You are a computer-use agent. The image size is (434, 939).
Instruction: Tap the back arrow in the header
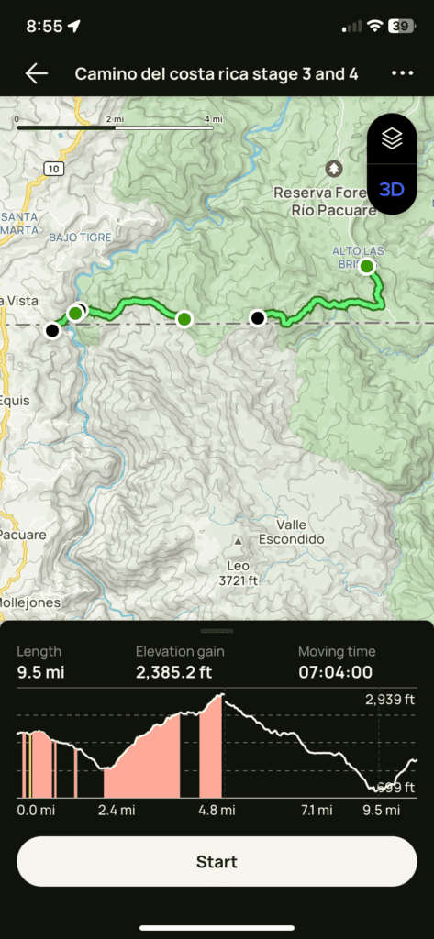click(x=37, y=74)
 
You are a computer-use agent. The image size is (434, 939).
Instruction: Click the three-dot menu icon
click(x=402, y=74)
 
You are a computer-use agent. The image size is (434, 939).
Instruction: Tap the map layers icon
click(x=392, y=138)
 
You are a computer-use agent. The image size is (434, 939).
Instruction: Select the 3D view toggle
click(x=392, y=190)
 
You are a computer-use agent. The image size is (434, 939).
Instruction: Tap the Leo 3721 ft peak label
click(x=239, y=572)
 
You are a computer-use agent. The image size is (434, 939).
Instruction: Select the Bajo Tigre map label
click(x=80, y=238)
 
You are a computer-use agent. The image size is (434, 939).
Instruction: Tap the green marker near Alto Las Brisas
click(x=367, y=267)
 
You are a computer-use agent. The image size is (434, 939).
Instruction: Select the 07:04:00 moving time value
click(x=335, y=672)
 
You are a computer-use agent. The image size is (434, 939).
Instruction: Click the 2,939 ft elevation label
click(x=390, y=700)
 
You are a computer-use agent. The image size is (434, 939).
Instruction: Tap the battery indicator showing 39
click(x=401, y=27)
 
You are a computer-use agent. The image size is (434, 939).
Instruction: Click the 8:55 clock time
click(x=44, y=27)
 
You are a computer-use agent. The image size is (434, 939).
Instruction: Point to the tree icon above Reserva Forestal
click(x=334, y=169)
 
